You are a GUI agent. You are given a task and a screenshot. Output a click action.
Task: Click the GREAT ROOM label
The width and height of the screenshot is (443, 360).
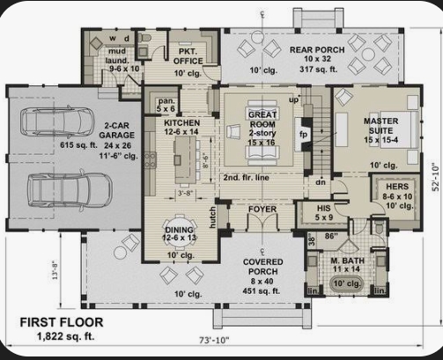[x=262, y=115]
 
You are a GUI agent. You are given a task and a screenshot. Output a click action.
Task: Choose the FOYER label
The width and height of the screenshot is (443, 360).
[x=262, y=211]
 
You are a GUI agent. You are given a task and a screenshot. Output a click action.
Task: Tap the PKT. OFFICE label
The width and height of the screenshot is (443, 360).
[x=188, y=55]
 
